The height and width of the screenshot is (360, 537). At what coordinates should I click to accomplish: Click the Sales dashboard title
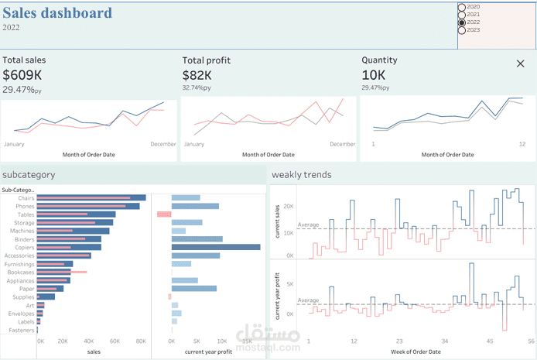[x=57, y=13]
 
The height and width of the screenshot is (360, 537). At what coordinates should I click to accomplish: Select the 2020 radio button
[x=462, y=6]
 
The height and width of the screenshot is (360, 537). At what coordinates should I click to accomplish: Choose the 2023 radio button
[x=462, y=30]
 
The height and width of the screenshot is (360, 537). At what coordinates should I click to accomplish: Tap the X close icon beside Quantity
[x=520, y=63]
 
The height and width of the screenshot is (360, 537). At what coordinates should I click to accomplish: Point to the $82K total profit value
[x=197, y=75]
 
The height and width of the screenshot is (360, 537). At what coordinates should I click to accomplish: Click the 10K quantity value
[x=373, y=75]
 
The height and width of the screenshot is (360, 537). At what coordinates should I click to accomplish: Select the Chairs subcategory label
[x=26, y=198]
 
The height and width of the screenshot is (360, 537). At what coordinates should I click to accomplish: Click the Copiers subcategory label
[x=24, y=247]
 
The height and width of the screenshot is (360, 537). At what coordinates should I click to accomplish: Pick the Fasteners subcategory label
[x=22, y=330]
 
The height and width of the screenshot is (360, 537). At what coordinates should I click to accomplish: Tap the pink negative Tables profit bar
[x=163, y=214]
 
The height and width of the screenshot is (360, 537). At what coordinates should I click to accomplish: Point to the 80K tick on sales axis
[x=141, y=341]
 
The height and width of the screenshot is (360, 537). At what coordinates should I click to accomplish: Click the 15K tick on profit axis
[x=248, y=341]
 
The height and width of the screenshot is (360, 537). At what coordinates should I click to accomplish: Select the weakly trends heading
[x=302, y=175]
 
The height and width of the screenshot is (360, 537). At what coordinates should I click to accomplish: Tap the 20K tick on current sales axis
[x=289, y=206]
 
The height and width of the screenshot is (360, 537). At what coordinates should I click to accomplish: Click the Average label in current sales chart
[x=309, y=225]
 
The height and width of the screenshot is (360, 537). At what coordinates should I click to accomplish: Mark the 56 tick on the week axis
[x=532, y=341]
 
